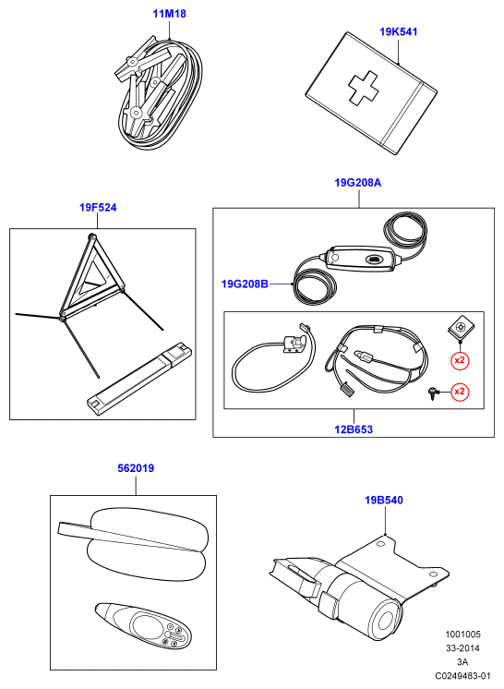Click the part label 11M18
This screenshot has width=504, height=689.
tap(169, 14)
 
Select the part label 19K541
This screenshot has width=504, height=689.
tap(398, 31)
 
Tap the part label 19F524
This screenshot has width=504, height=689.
tap(98, 208)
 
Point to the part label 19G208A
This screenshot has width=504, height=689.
tap(358, 182)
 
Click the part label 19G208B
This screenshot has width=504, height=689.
tap(245, 284)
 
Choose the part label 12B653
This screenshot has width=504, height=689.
tap(354, 429)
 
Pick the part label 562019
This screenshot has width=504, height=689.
tap(136, 468)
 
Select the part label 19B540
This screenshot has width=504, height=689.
tap(384, 500)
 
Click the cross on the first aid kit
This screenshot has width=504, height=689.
tap(363, 89)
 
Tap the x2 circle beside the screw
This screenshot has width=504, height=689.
tap(460, 391)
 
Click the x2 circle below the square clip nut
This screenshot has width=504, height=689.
tap(460, 360)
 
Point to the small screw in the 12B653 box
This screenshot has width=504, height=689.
tap(432, 393)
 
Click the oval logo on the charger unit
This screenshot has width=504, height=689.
tap(377, 260)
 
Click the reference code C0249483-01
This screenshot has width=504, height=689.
tap(462, 675)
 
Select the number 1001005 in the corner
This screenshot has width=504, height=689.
tap(462, 635)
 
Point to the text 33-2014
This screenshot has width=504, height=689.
tap(462, 647)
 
